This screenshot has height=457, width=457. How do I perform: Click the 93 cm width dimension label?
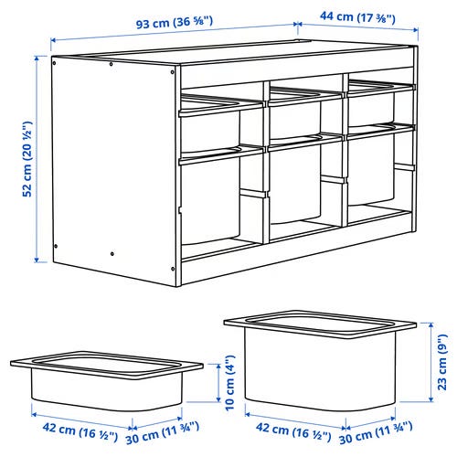tap(175, 22)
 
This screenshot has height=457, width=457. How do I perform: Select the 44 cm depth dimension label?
tap(357, 16)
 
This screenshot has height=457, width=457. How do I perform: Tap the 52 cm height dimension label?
tap(27, 159)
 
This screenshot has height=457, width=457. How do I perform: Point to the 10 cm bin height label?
tap(230, 383)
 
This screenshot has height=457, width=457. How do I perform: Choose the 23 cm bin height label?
tap(442, 362)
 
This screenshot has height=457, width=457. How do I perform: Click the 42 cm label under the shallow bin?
tap(80, 431)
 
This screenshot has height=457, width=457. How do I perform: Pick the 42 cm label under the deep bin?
tap(293, 431)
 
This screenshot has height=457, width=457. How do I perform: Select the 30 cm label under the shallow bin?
tap(163, 433)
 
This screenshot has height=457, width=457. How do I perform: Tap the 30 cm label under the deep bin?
tap(376, 433)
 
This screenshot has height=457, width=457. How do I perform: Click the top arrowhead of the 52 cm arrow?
tap(37, 58)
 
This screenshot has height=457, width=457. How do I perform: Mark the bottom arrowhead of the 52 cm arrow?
tap(37, 260)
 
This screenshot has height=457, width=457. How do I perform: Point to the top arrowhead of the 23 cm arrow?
tap(430, 325)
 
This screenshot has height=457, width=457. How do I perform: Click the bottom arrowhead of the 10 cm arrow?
tap(218, 399)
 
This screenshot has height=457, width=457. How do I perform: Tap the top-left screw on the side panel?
tap(55, 63)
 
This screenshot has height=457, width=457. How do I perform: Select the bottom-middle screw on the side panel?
tap(112, 253)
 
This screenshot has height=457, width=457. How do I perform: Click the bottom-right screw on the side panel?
tap(173, 269)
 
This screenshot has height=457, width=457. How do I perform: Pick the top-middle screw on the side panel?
tap(111, 64)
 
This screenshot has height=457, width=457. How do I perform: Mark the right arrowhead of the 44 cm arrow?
tap(415, 29)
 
